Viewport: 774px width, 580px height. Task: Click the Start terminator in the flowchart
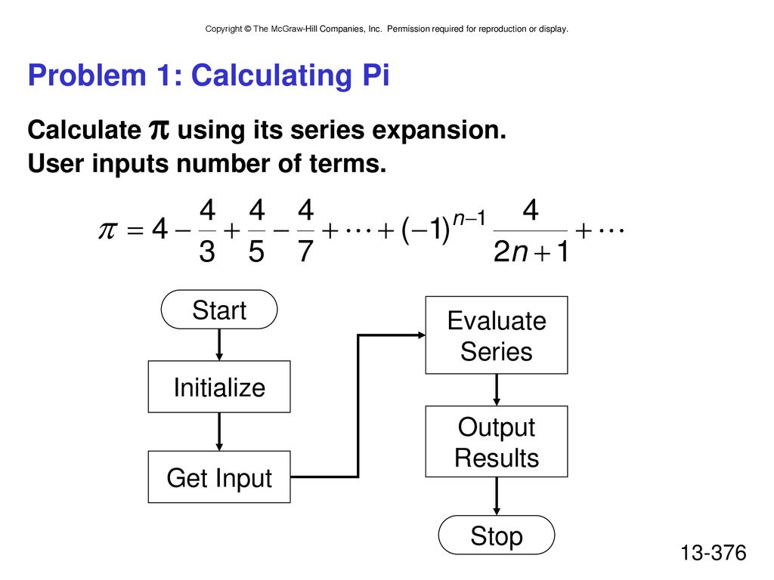click(219, 309)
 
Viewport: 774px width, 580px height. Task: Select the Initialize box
click(219, 387)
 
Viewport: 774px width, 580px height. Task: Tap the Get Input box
click(219, 477)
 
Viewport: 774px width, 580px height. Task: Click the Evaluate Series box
click(497, 335)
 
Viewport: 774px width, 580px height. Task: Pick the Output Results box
click(497, 441)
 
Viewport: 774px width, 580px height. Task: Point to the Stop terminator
click(497, 535)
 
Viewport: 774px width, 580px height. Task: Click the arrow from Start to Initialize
click(219, 344)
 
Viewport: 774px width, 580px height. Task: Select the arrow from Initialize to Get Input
click(219, 431)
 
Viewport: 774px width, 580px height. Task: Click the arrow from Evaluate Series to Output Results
click(497, 390)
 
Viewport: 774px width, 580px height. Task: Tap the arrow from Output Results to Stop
click(497, 496)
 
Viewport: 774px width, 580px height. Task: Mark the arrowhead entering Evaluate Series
click(422, 335)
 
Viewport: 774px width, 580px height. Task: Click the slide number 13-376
click(714, 553)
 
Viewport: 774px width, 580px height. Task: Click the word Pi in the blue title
click(376, 76)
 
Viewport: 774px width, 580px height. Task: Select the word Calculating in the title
click(271, 76)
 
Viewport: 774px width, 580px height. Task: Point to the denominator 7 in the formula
click(305, 251)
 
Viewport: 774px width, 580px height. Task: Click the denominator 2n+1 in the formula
click(531, 251)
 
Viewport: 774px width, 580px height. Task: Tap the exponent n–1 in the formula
click(469, 217)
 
